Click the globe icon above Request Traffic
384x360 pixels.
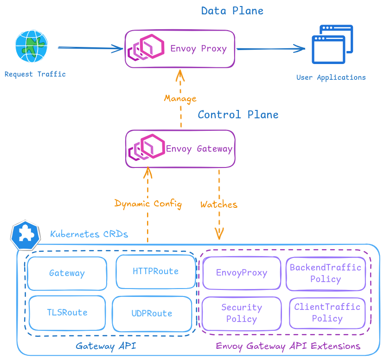[x=32, y=46]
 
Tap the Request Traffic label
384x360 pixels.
[x=35, y=74]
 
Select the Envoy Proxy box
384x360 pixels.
[x=180, y=49]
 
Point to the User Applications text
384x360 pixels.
[x=331, y=77]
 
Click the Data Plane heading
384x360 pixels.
[x=232, y=11]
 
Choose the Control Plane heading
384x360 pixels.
[x=238, y=115]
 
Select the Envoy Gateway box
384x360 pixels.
[x=180, y=148]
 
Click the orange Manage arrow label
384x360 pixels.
[x=180, y=98]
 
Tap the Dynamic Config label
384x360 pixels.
[x=148, y=204]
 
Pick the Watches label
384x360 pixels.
[x=219, y=204]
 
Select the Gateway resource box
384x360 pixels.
[x=67, y=273]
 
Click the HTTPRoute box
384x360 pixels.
[x=155, y=271]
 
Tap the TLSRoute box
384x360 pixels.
[x=67, y=313]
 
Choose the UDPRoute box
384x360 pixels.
[x=152, y=314]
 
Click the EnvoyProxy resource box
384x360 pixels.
[x=242, y=273]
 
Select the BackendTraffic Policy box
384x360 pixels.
[x=326, y=273]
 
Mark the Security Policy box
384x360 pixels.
[x=242, y=313]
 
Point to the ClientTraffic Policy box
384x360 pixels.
[x=327, y=313]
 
